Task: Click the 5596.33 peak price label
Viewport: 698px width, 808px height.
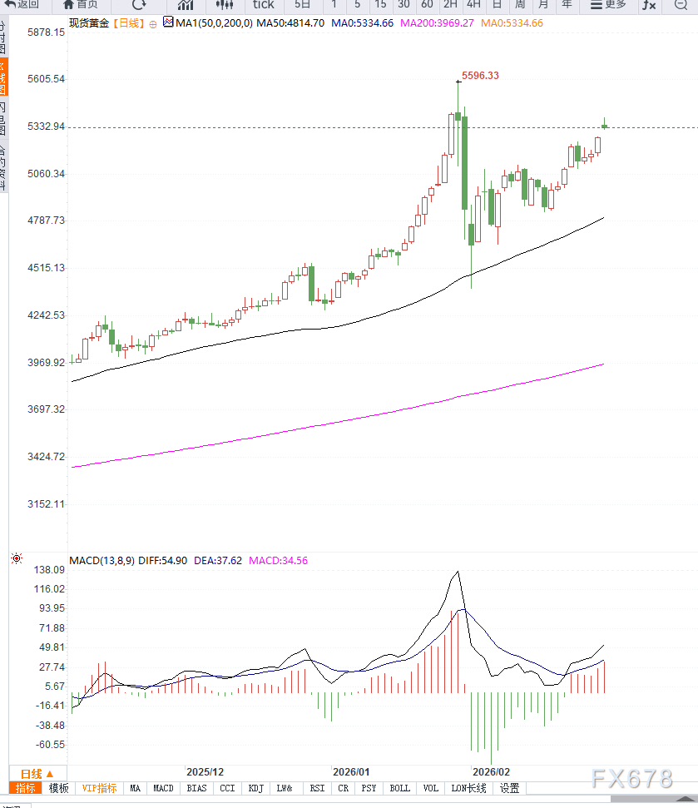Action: click(480, 76)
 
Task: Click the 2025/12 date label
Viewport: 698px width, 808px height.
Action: click(205, 772)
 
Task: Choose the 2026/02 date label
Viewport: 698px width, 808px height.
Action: click(490, 772)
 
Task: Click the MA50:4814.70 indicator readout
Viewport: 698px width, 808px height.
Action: click(290, 22)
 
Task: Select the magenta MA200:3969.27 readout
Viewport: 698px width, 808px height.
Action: click(437, 22)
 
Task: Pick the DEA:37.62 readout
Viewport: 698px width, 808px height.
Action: click(218, 561)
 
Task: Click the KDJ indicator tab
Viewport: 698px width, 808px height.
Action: click(255, 788)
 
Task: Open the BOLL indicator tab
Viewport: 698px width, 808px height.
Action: click(399, 788)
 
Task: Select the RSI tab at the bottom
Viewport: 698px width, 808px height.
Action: click(317, 788)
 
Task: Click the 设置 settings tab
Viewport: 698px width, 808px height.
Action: click(509, 788)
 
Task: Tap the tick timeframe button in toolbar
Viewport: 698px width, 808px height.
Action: click(263, 4)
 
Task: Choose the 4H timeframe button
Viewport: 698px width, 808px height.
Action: click(473, 4)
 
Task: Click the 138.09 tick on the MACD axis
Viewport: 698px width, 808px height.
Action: click(49, 569)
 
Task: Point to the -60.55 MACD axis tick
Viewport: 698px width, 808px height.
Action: click(49, 745)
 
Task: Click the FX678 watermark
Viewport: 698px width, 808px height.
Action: click(631, 779)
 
